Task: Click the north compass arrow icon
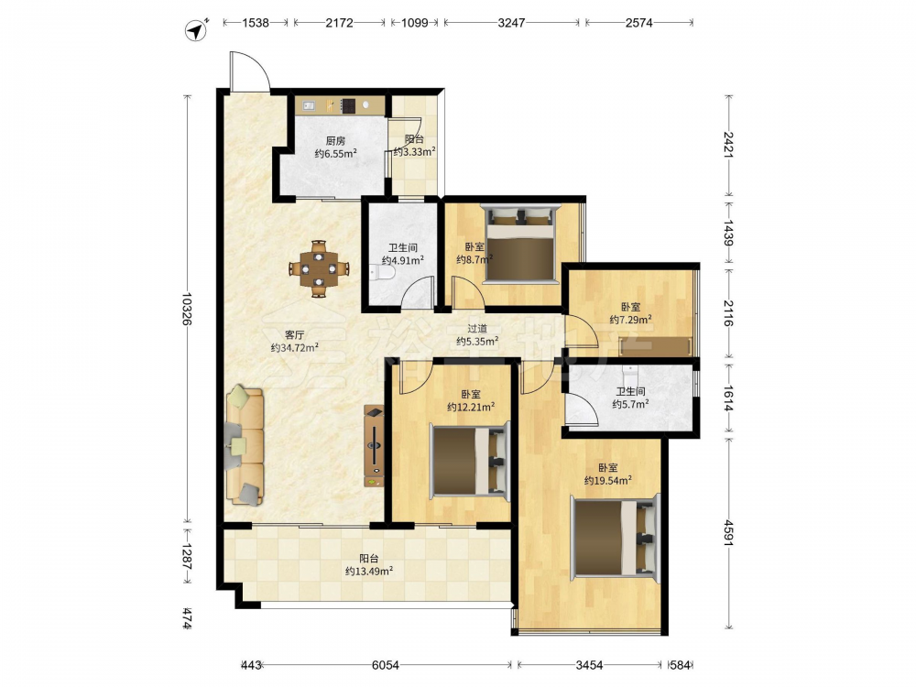click(x=196, y=30)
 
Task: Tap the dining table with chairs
click(x=319, y=268)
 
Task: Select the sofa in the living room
click(x=245, y=444)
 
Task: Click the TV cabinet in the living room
click(x=374, y=446)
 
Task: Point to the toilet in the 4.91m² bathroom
click(x=382, y=273)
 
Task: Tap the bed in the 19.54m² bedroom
click(x=616, y=537)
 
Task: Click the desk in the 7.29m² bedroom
click(x=656, y=346)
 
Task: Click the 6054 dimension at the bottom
click(x=386, y=665)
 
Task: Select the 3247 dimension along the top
click(x=511, y=23)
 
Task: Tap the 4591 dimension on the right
click(x=728, y=533)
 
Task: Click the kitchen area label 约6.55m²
click(x=336, y=154)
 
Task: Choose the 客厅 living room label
click(x=294, y=334)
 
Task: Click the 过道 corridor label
click(x=477, y=329)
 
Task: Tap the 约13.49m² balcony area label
click(x=368, y=571)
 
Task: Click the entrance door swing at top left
click(x=249, y=71)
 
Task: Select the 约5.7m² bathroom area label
click(x=631, y=404)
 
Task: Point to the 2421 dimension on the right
click(x=728, y=145)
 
